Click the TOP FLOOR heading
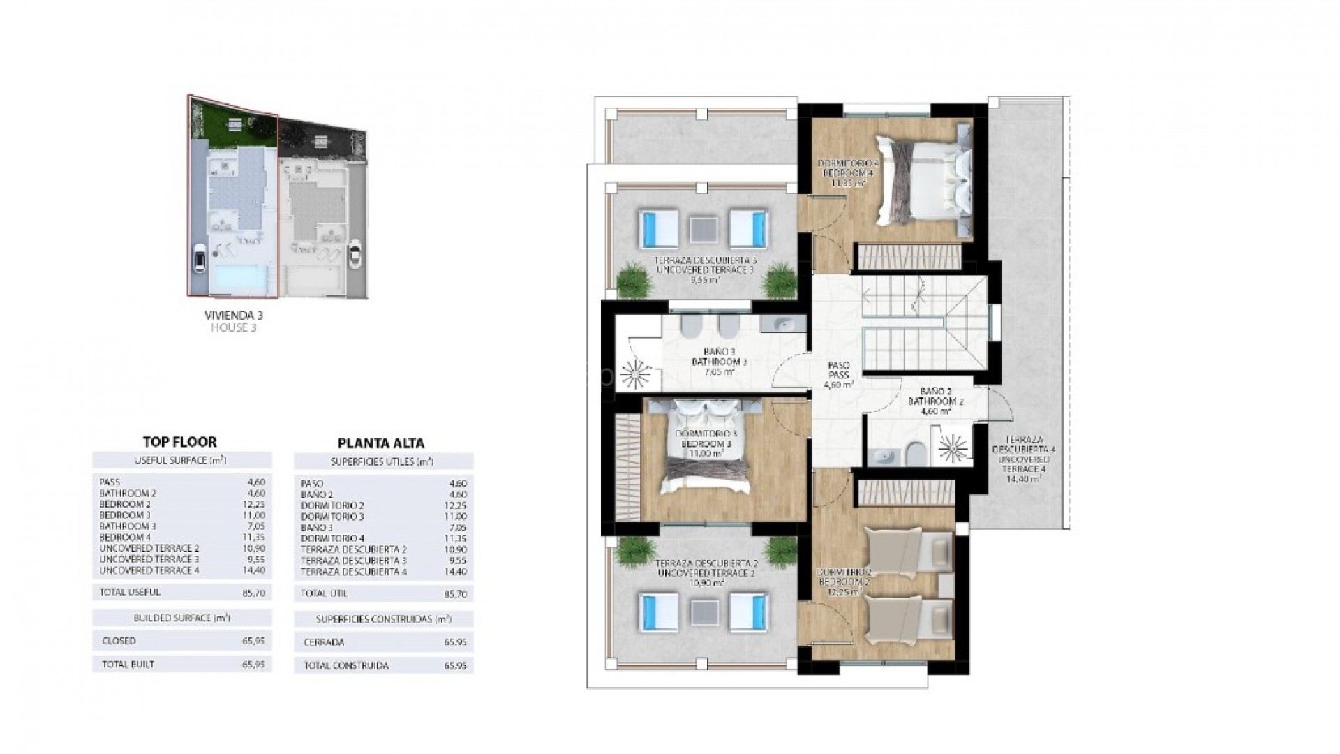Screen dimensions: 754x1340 point(179,442)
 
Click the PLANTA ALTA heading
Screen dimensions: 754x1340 point(380,443)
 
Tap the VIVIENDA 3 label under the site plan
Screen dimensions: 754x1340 point(234,316)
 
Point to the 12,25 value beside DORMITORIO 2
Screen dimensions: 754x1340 point(457,505)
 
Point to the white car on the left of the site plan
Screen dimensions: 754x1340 point(200,262)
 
